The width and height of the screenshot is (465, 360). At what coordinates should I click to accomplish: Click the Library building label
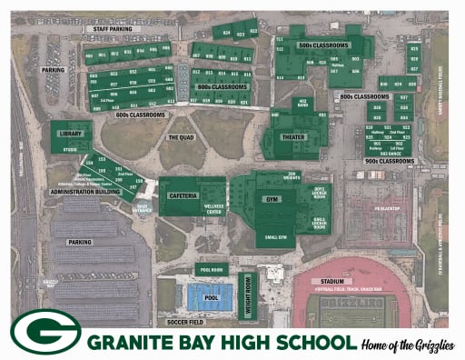(x=68, y=134)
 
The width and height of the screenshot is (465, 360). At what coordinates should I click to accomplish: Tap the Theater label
(x=294, y=137)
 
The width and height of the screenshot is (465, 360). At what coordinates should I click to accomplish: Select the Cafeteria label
(x=180, y=195)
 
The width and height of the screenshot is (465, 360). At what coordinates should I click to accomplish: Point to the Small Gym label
(x=273, y=240)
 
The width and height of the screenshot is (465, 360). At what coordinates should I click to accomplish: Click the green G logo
(x=45, y=332)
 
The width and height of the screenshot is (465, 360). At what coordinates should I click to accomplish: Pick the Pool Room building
(x=212, y=270)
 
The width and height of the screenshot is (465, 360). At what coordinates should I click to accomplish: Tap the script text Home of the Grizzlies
(x=408, y=342)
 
